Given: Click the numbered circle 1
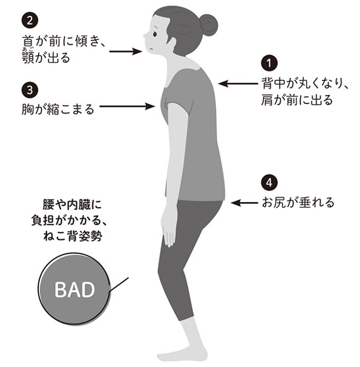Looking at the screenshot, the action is click(269, 63).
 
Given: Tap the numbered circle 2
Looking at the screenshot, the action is click(30, 21).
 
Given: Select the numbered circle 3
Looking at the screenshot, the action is click(30, 90).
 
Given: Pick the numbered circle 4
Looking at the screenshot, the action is click(269, 183).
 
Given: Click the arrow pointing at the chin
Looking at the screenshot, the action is click(126, 51).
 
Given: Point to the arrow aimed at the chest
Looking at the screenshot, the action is click(128, 106).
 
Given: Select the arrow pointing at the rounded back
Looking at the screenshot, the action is click(238, 83).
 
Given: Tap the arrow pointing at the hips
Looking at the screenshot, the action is click(244, 203).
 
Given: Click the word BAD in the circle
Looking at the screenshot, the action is click(74, 290).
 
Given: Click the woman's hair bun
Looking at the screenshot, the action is click(209, 25).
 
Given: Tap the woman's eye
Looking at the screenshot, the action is click(155, 34).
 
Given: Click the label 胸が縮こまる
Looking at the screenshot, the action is click(58, 109).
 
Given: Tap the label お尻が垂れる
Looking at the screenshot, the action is click(298, 203).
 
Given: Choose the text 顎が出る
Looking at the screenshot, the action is click(46, 57).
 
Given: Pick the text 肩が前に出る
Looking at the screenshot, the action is click(297, 100).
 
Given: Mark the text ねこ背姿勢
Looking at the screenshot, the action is click(73, 236).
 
